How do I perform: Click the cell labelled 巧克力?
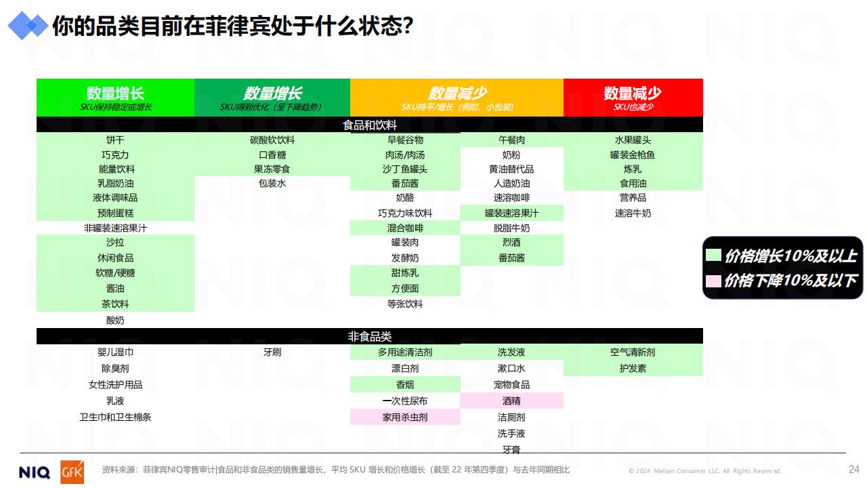(x=115, y=155)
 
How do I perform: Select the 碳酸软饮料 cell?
(x=272, y=140)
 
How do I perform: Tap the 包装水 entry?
(x=272, y=183)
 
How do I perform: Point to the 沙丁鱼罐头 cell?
(x=405, y=169)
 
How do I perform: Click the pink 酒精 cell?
(x=511, y=401)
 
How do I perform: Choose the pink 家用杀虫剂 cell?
(x=405, y=417)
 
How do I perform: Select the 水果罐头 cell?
(x=633, y=140)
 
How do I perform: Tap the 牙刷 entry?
(x=272, y=352)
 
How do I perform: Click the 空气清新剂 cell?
(x=633, y=352)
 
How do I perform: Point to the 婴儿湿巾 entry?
(x=115, y=352)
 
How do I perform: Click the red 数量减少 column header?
(x=633, y=98)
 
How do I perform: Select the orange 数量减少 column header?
(x=457, y=98)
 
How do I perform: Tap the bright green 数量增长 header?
(x=115, y=98)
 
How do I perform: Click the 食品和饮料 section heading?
(x=370, y=125)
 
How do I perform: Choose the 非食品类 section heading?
(x=370, y=336)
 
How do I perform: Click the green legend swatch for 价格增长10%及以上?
(x=713, y=256)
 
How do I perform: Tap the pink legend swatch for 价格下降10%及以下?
(x=713, y=281)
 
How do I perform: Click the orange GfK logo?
(x=72, y=472)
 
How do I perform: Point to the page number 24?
(x=854, y=470)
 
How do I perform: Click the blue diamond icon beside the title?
(x=28, y=26)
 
